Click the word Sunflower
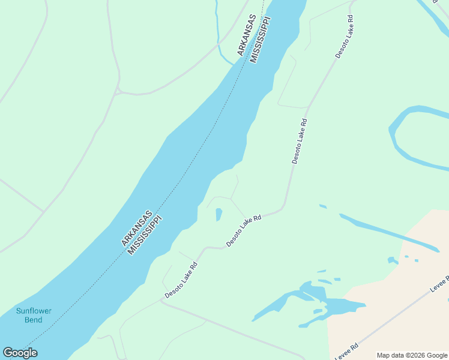[x=34, y=311]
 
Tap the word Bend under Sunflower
[x=34, y=320]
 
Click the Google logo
[x=20, y=353]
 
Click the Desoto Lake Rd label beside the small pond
[x=244, y=230]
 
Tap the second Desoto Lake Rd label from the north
[x=300, y=141]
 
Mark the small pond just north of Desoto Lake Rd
[x=218, y=214]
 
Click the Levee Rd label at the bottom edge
[x=346, y=352]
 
